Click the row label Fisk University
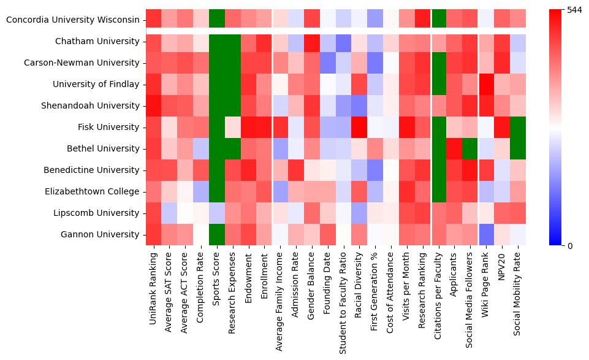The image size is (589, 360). click(108, 127)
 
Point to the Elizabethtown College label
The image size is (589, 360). click(92, 191)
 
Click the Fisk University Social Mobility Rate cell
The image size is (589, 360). click(519, 127)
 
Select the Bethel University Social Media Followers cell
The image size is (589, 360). click(471, 148)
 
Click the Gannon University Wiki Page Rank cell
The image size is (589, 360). click(487, 234)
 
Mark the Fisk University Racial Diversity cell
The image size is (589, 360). click(359, 127)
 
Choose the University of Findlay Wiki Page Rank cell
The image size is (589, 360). click(487, 84)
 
